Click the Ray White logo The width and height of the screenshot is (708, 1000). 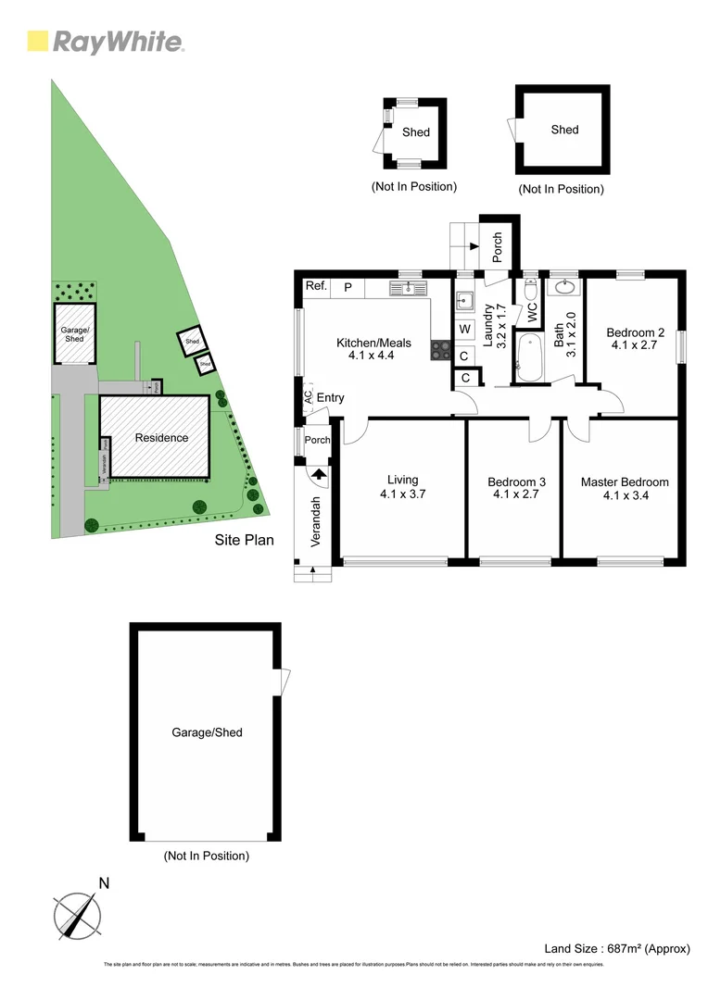pos(106,42)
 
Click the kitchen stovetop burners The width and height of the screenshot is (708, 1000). pos(439,350)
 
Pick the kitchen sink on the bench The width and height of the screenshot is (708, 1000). pos(409,289)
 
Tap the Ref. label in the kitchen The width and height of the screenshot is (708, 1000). pos(317,287)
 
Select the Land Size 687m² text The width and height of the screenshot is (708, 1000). pos(617,948)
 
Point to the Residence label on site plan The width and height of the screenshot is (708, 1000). pos(161,438)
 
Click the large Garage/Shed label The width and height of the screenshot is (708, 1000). pos(207,732)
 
